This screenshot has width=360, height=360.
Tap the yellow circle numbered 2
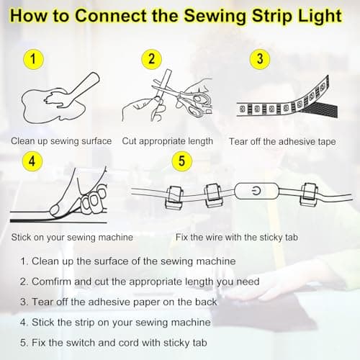(151, 59)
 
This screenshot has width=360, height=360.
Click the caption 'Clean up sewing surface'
(61, 141)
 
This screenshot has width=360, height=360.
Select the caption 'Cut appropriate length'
(168, 141)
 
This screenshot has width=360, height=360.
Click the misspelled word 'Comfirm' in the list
(53, 282)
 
